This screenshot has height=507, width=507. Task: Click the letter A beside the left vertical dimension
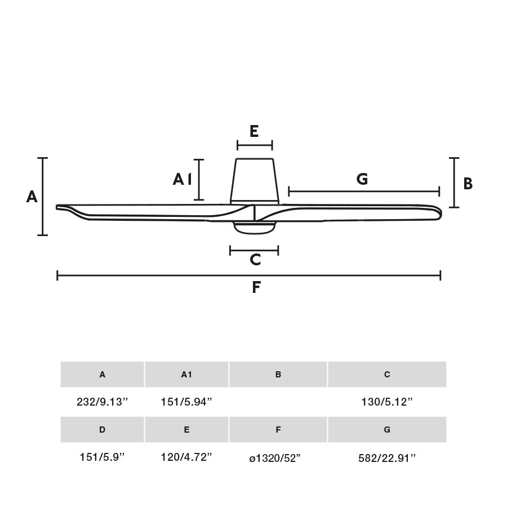pos(32,197)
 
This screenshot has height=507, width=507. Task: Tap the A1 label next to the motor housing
pos(183,179)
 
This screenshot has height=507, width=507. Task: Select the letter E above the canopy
pos(254,131)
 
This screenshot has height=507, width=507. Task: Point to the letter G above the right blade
pos(362,179)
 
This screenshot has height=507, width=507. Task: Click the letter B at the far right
pos(468,184)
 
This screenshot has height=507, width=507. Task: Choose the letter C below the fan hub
pos(255,260)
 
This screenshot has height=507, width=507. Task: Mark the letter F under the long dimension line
pos(256,287)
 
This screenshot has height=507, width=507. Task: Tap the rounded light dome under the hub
pos(255,227)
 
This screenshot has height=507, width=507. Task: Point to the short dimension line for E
pos(255,145)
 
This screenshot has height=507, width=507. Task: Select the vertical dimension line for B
pos(454,183)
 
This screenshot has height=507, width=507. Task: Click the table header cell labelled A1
pos(186,375)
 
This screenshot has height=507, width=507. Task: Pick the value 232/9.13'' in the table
pos(103,402)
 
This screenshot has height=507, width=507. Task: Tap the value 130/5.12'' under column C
pos(387,402)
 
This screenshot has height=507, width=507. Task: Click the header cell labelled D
pos(102,429)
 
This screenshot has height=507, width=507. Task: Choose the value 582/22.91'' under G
pos(387,457)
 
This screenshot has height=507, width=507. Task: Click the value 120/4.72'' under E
pos(186,457)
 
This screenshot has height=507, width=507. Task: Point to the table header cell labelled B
pos(278,375)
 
